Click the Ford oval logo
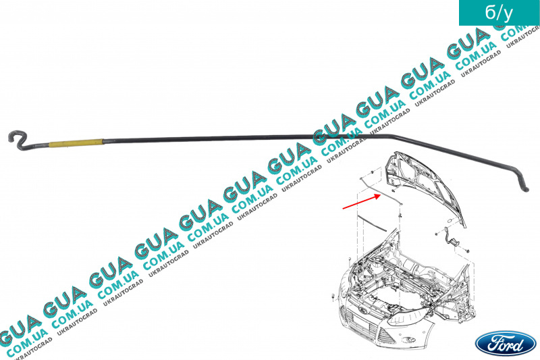[x=500, y=342]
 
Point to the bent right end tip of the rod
[x=524, y=188]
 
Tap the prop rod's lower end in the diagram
[x=399, y=215]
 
